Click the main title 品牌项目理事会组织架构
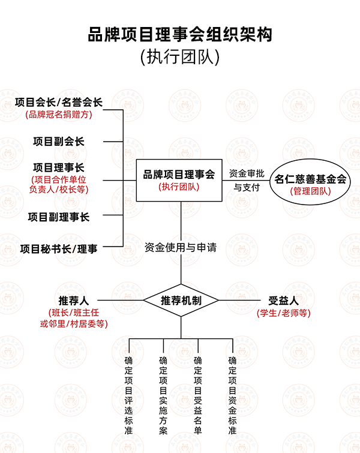coord(180,35)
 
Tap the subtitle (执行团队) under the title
coord(180,56)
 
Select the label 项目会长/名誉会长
coord(59,102)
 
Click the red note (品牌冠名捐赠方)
coord(59,115)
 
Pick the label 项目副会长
coord(59,142)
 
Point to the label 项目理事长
coord(59,167)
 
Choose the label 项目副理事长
coord(59,217)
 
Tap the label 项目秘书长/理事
coord(59,249)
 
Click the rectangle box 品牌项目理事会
coord(179,180)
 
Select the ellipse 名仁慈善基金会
coord(310,182)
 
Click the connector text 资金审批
coord(247,173)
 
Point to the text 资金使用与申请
coord(181,247)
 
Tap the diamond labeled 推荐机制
coord(181,301)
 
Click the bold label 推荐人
coord(73,301)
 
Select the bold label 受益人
coord(283,301)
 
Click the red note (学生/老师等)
coord(283,313)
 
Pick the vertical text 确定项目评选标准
coord(128,395)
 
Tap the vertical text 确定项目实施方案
coord(163,395)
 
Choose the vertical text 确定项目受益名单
coord(198,395)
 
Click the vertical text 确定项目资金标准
coord(233,395)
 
